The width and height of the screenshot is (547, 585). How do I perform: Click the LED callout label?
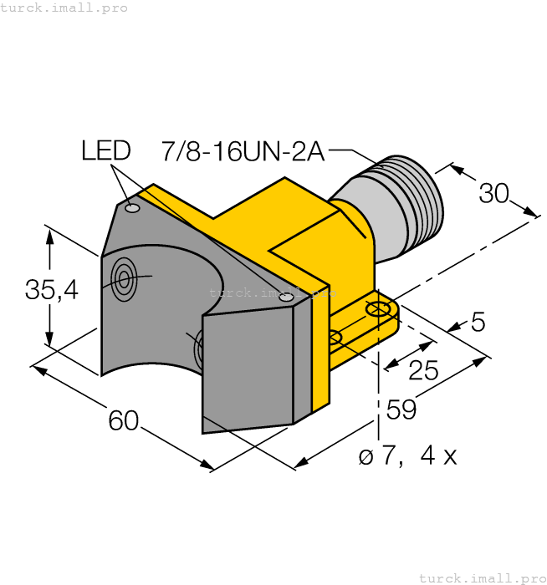click(105, 150)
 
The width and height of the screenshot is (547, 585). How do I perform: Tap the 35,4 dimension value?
click(51, 290)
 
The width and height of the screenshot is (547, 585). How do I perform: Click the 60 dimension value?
click(123, 421)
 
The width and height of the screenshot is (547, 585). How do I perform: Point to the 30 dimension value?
click(493, 193)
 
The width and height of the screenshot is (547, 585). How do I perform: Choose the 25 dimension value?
click(423, 370)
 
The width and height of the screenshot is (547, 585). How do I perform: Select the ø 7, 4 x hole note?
click(407, 456)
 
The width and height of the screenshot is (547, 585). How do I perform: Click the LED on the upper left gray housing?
click(132, 207)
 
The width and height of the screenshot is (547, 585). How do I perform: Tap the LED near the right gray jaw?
click(287, 297)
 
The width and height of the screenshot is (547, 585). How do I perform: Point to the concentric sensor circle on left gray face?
click(124, 278)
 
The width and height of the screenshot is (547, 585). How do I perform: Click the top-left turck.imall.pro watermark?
click(64, 8)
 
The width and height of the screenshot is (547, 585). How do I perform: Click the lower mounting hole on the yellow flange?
click(334, 338)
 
